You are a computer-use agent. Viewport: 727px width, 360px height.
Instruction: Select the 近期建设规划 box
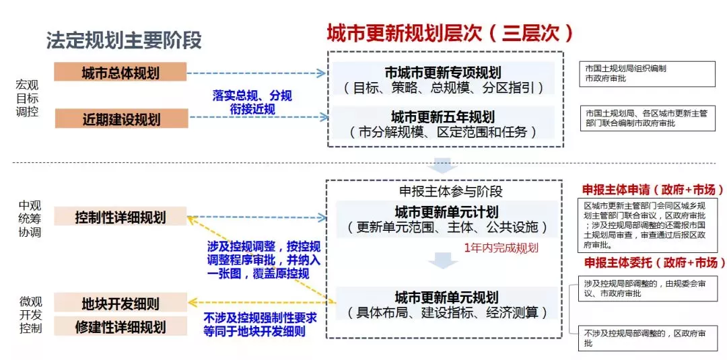point(120,119)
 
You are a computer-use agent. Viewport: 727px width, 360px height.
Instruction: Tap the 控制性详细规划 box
point(120,217)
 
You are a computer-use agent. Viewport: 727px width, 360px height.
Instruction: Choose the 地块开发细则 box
point(120,303)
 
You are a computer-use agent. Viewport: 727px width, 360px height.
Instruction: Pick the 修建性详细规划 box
point(120,327)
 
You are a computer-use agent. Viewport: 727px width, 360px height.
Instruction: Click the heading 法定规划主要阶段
point(124,40)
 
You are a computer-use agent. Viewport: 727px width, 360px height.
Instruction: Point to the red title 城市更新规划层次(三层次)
point(450,33)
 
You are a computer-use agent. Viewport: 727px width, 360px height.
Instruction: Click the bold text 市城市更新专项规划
point(443,73)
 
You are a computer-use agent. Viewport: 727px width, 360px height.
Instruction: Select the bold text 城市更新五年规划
point(443,116)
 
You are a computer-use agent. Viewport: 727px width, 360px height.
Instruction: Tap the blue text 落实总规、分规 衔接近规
point(252,102)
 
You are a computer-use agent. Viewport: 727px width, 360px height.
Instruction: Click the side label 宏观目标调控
point(28,98)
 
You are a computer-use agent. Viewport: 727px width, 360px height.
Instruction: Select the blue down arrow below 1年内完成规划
point(444,260)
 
